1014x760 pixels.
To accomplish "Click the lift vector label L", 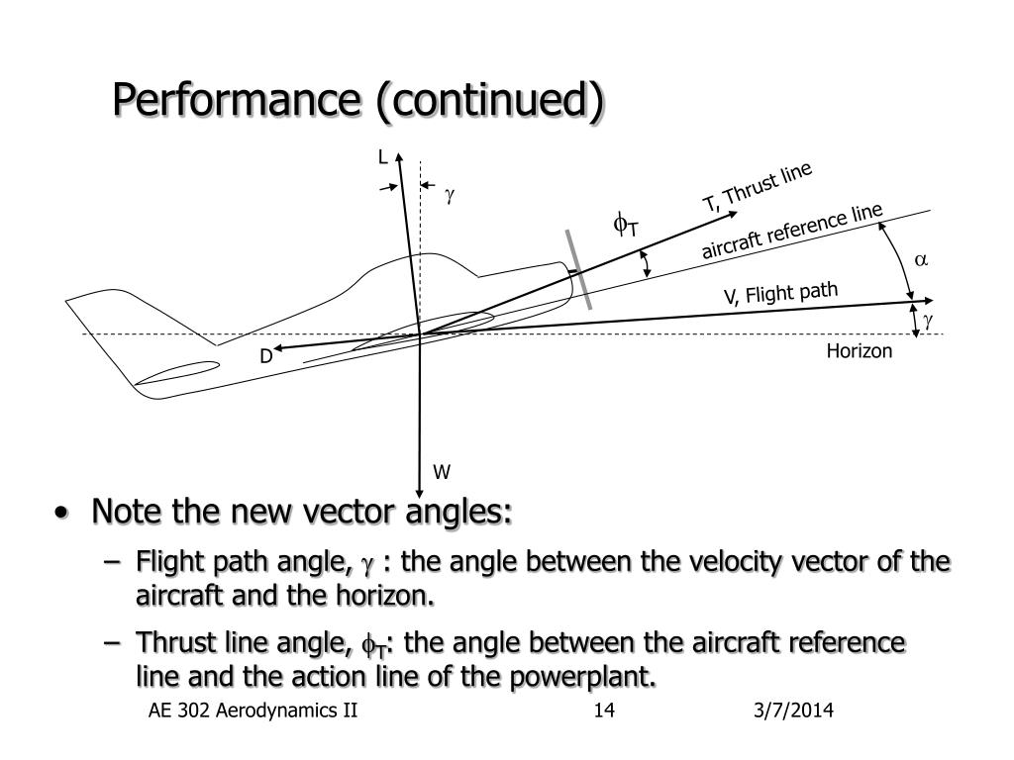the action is click(x=383, y=157).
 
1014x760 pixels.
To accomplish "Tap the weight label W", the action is click(x=442, y=472).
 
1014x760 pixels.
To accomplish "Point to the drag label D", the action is click(x=265, y=356).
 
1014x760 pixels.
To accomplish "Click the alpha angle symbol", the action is click(x=921, y=260).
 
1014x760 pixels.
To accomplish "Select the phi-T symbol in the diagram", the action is click(x=626, y=225).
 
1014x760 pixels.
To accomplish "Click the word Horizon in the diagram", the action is click(x=859, y=351).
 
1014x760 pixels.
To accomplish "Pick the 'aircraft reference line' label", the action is click(x=792, y=231).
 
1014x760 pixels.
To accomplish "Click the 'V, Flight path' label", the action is click(x=780, y=293).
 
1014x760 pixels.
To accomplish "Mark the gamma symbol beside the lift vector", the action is click(x=450, y=195).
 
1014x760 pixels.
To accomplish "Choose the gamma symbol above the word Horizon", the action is click(x=928, y=321).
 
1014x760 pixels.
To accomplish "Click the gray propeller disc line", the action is click(x=578, y=269).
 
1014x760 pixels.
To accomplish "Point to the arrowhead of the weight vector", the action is click(x=420, y=493).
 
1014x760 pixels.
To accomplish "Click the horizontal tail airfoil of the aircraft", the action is click(x=176, y=373).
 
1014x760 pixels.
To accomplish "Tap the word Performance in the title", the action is click(x=236, y=99).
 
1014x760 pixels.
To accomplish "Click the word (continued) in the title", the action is click(x=489, y=100).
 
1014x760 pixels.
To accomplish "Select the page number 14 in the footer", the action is click(x=604, y=711).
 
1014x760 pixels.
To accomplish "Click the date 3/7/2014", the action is click(x=793, y=711).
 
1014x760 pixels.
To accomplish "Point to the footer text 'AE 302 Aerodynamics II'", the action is click(x=253, y=711).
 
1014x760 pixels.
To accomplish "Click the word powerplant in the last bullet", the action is click(x=582, y=677).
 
